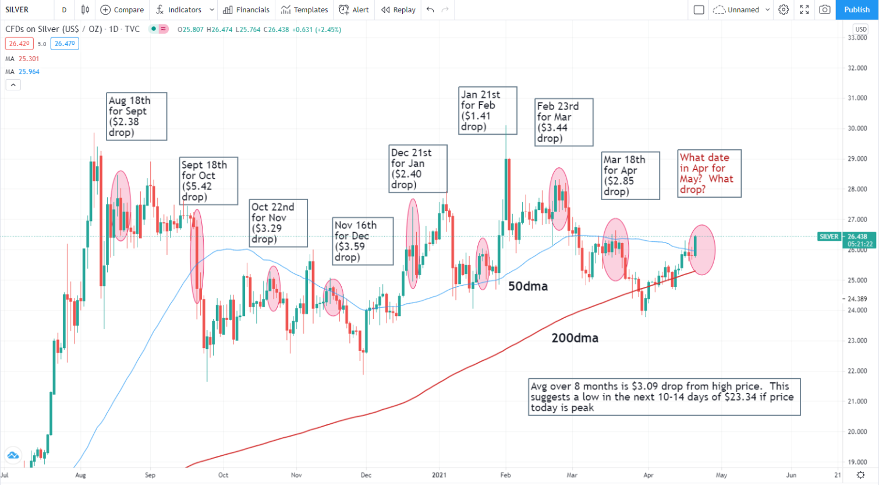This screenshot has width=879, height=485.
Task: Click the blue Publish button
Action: coord(856,10)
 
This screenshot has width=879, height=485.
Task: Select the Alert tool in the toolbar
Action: coord(354,10)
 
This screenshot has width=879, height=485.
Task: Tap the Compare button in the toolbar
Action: coord(122,10)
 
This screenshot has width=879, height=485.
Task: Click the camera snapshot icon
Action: coord(824,10)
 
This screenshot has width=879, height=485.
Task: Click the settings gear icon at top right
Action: coord(784,10)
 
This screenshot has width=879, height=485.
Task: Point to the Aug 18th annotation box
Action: coord(136,117)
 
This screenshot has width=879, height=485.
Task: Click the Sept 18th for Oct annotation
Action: coord(208,181)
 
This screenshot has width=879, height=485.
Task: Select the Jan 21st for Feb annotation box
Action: coord(488,110)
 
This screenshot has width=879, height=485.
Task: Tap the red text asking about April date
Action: coord(710,173)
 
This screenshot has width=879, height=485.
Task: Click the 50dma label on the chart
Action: coord(528,286)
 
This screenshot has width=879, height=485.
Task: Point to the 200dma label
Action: coord(575,338)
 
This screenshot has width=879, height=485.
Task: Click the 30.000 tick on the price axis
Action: coord(857,128)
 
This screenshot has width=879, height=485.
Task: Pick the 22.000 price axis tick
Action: coord(857,371)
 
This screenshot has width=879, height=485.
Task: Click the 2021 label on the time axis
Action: coord(439,475)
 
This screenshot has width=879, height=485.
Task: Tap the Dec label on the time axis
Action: coord(366,475)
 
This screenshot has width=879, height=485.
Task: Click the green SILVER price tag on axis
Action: coord(829,237)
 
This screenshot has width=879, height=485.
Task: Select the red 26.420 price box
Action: coord(19,44)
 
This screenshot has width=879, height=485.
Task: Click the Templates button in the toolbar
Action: coord(304,10)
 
